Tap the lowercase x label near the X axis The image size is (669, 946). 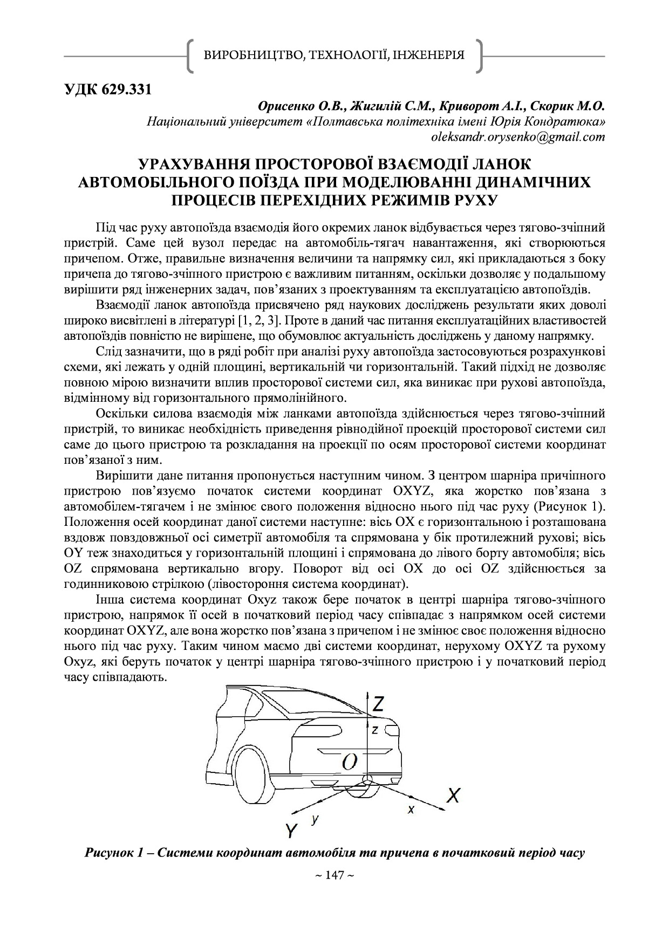point(411,809)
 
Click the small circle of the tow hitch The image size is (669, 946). point(368,780)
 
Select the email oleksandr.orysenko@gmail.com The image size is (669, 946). point(518,137)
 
